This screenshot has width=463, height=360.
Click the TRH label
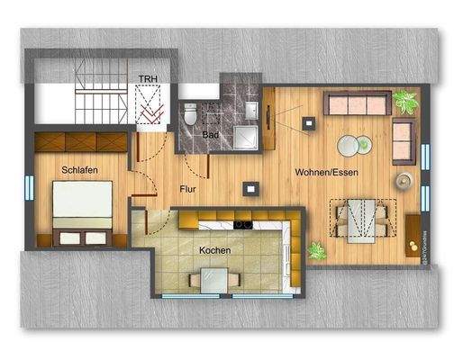146,78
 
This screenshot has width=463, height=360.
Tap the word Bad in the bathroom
211,135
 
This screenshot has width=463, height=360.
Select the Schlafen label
80,169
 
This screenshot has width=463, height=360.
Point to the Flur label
188,190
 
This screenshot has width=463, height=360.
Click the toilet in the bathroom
190,115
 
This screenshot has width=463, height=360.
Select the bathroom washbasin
253,109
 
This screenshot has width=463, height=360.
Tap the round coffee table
351,145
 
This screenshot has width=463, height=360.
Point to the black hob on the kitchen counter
242,221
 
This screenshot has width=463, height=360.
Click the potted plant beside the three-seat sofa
405,102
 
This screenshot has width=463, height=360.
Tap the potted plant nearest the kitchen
317,251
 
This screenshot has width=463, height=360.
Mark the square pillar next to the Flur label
248,189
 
